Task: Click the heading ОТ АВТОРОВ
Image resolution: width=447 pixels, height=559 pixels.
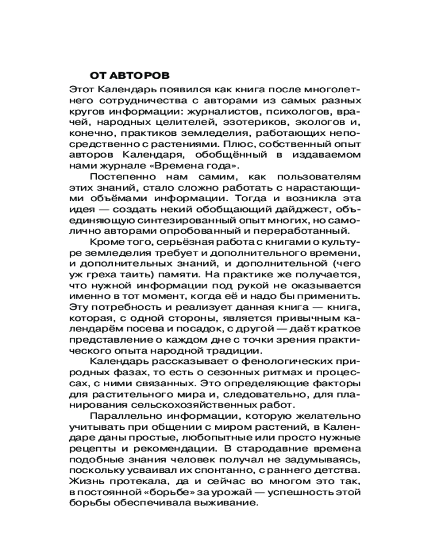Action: pyautogui.click(x=129, y=75)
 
